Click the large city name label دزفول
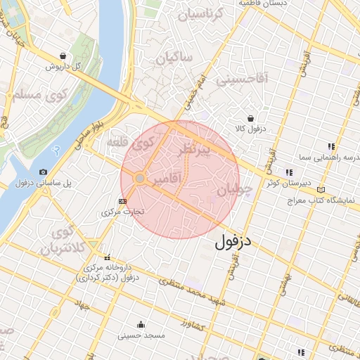click(232, 243)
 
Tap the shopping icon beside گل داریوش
click(64, 56)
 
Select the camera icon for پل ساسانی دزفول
click(44, 172)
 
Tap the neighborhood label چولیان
click(233, 190)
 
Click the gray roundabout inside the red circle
click(140, 179)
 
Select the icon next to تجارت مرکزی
click(124, 200)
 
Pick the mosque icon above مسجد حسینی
click(141, 324)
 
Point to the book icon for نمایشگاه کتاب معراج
click(321, 190)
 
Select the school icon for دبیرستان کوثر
click(288, 172)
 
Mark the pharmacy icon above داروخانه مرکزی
click(108, 257)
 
